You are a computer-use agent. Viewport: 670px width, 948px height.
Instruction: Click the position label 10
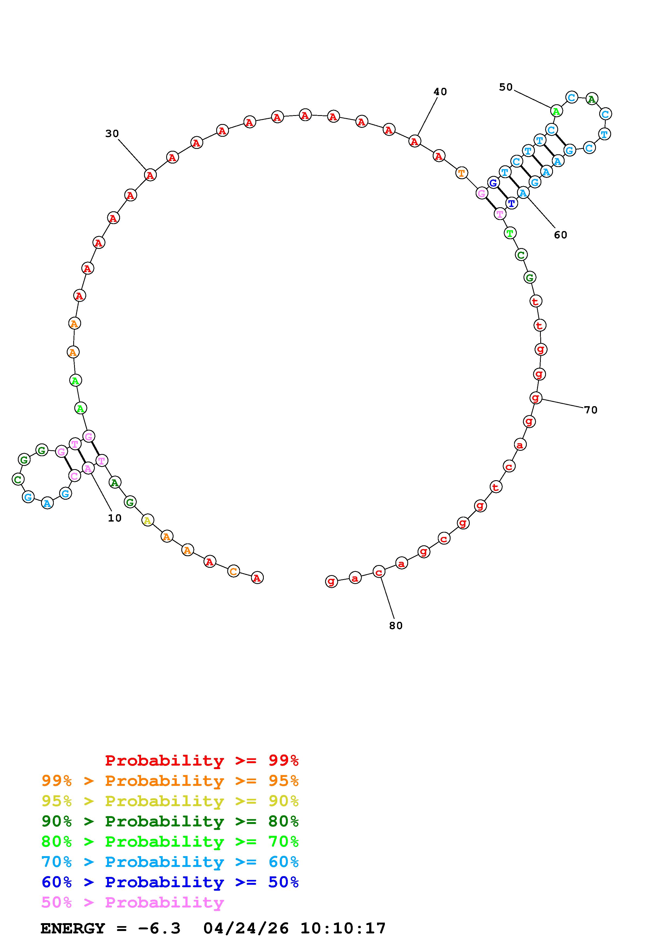pyautogui.click(x=115, y=518)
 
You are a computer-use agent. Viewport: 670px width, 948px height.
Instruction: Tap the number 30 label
pyautogui.click(x=112, y=134)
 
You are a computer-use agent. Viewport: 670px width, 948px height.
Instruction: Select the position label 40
pyautogui.click(x=440, y=92)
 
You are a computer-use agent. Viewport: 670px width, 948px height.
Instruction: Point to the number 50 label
pyautogui.click(x=506, y=87)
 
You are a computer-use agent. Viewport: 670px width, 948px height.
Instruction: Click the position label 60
pyautogui.click(x=561, y=235)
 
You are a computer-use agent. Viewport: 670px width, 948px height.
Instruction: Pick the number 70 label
pyautogui.click(x=591, y=410)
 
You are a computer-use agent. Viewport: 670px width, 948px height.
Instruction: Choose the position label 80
pyautogui.click(x=395, y=626)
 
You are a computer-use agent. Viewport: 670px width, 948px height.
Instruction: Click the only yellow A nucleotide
pyautogui.click(x=147, y=521)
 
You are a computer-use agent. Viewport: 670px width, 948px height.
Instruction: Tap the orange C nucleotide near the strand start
pyautogui.click(x=234, y=572)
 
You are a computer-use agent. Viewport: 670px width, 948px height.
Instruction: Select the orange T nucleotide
pyautogui.click(x=462, y=173)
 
